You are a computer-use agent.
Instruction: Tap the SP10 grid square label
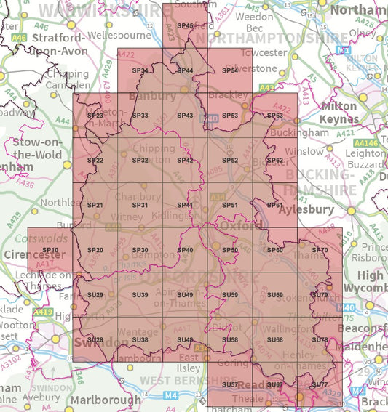click(50, 250)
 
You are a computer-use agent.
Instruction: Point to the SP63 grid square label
click(274, 116)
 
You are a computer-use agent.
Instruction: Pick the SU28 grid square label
click(95, 339)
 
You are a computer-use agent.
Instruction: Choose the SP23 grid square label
click(95, 116)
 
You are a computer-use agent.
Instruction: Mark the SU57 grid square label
click(230, 384)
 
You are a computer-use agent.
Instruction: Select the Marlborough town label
click(105, 400)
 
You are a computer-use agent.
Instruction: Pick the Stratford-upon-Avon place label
click(59, 45)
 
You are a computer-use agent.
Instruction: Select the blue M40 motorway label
click(347, 308)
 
